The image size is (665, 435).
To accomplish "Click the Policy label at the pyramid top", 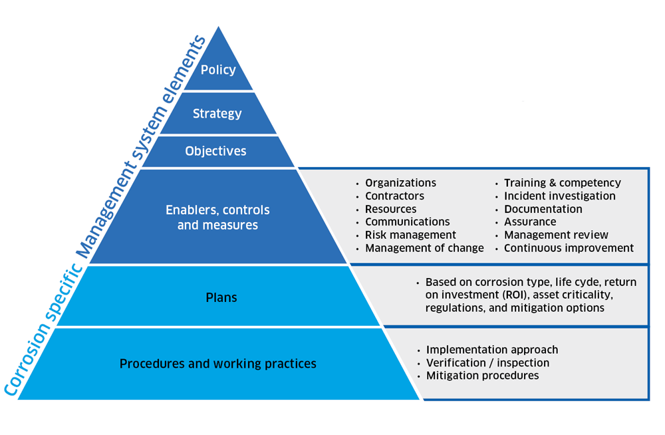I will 218,70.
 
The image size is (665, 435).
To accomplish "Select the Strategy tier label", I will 217,114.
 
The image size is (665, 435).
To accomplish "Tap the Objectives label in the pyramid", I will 215,151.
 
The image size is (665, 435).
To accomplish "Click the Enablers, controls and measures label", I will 217,217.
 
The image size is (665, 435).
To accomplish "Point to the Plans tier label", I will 221,297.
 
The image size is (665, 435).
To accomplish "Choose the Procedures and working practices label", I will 217,364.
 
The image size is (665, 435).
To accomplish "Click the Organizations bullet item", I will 400,183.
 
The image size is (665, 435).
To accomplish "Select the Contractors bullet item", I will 394,196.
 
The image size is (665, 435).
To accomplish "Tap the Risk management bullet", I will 410,235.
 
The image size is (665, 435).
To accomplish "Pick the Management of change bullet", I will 424,248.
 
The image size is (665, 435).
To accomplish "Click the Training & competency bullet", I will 562,183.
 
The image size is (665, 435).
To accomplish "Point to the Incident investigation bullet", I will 559,196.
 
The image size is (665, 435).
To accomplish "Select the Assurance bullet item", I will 530,221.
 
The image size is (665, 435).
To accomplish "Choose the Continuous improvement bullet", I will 569,248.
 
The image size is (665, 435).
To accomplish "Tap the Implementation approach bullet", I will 492,350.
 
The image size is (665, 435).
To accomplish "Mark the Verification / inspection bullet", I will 487,362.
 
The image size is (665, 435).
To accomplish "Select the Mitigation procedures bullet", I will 482,376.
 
